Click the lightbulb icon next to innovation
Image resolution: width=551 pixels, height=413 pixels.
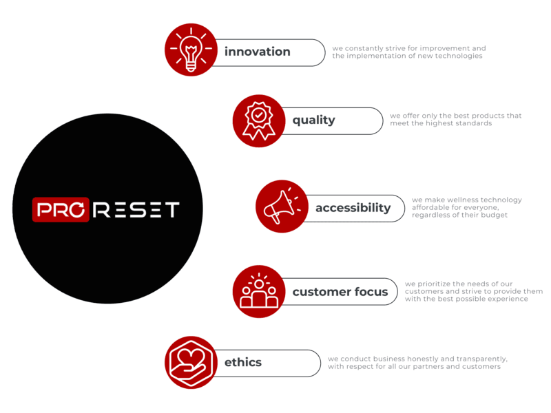pyautogui.click(x=191, y=50)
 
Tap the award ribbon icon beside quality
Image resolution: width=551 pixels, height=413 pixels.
pyautogui.click(x=258, y=120)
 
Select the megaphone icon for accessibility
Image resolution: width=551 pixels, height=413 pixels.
pyautogui.click(x=281, y=206)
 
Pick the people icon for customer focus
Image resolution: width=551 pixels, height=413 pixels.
pyautogui.click(x=258, y=291)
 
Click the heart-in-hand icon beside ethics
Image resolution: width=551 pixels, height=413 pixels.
pyautogui.click(x=191, y=362)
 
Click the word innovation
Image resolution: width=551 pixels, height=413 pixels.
pyautogui.click(x=257, y=52)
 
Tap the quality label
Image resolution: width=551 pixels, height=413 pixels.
pyautogui.click(x=313, y=120)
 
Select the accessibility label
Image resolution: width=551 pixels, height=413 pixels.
pyautogui.click(x=353, y=208)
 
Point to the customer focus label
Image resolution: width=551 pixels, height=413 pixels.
pyautogui.click(x=340, y=292)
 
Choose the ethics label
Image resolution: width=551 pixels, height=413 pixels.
pyautogui.click(x=242, y=362)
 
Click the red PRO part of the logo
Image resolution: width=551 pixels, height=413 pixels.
pyautogui.click(x=61, y=209)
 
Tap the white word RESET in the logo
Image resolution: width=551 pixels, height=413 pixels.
pyautogui.click(x=136, y=209)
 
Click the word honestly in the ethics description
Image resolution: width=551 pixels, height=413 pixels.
pyautogui.click(x=410, y=359)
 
